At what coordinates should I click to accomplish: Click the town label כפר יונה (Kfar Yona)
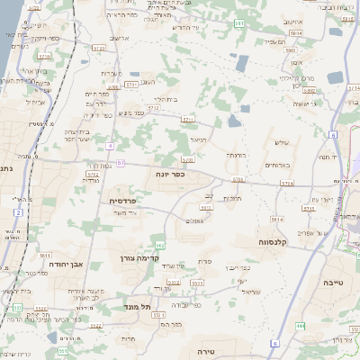point(168,174)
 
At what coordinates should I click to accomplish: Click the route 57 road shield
point(121,162)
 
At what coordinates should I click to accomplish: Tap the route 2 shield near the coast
point(17,211)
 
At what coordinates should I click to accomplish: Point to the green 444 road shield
point(301,325)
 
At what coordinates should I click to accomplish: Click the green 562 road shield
point(160,244)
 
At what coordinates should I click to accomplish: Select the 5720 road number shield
point(188,159)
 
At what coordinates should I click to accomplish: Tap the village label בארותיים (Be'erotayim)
point(274,166)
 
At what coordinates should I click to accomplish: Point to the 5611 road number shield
point(43,256)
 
